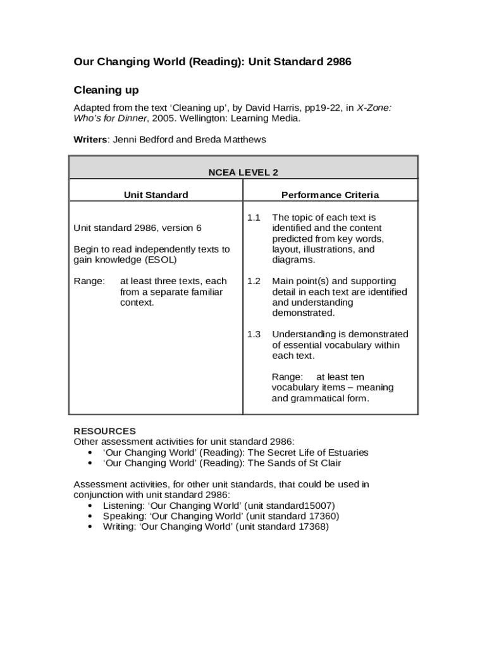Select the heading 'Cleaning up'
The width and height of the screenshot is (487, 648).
tap(106, 90)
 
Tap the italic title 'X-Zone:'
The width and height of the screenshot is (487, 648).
tap(374, 108)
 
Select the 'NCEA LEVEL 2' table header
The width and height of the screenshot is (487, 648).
tap(244, 172)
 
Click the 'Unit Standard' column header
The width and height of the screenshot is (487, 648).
tap(156, 195)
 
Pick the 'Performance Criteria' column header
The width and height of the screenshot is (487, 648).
tap(330, 195)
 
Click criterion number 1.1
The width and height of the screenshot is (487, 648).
tap(254, 218)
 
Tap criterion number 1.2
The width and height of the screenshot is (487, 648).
tap(254, 281)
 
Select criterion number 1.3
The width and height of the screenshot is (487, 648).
tap(254, 334)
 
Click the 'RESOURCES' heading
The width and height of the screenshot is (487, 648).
tap(105, 431)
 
